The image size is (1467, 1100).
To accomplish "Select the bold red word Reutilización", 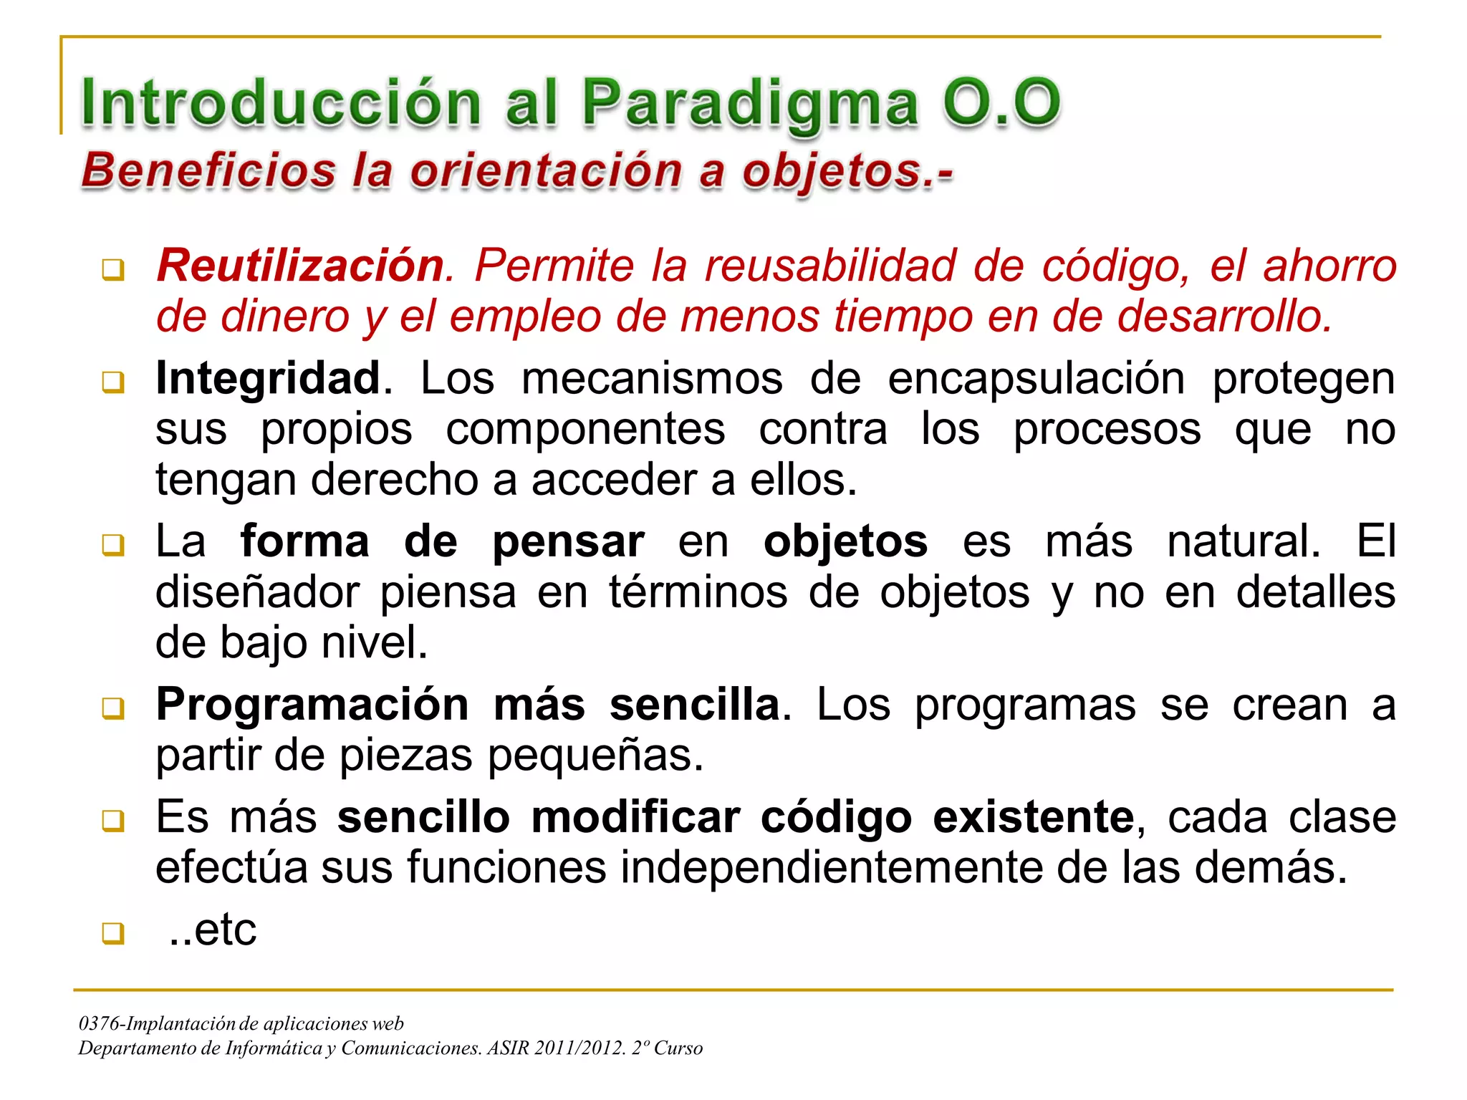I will point(301,266).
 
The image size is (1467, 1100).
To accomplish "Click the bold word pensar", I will point(568,541).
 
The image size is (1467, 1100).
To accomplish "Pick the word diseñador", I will point(257,592).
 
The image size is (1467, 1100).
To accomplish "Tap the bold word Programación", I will point(312,705).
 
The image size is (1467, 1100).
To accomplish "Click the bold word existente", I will point(1033,817).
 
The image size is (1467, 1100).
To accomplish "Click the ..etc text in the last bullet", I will point(213,930).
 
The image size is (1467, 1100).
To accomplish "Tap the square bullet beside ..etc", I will point(112,933).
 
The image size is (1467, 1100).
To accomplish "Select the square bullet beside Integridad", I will point(112,382).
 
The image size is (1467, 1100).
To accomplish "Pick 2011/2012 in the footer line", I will point(579,1048).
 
